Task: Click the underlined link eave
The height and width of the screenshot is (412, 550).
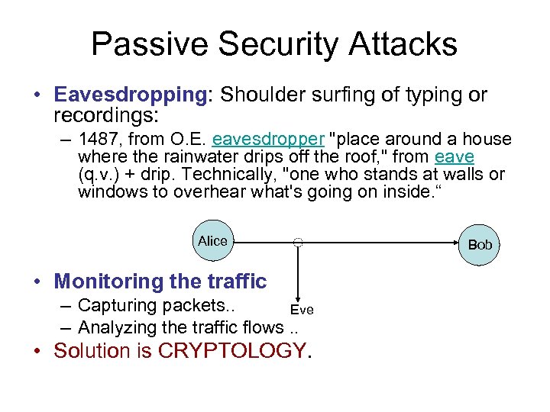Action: pos(455,157)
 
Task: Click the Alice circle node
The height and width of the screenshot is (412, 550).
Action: pos(212,241)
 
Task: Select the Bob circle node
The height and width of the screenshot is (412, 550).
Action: pos(480,245)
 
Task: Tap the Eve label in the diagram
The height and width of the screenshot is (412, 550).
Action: pos(302,309)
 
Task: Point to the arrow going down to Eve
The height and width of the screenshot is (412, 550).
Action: pos(298,275)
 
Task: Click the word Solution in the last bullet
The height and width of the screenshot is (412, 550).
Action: pos(91,351)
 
